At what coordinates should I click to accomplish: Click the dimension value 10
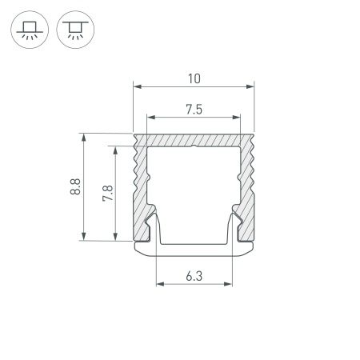click(194, 78)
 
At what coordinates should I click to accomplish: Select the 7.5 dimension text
click(194, 110)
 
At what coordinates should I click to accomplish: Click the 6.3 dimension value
click(194, 277)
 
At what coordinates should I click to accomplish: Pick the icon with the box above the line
click(30, 30)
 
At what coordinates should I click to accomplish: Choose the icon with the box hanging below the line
click(74, 30)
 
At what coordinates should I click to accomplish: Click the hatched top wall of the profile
click(194, 139)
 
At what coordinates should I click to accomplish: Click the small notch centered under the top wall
click(194, 146)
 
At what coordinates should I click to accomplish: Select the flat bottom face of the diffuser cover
click(194, 251)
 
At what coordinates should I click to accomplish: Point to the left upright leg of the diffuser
click(155, 228)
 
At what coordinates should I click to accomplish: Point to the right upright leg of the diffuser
click(231, 228)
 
